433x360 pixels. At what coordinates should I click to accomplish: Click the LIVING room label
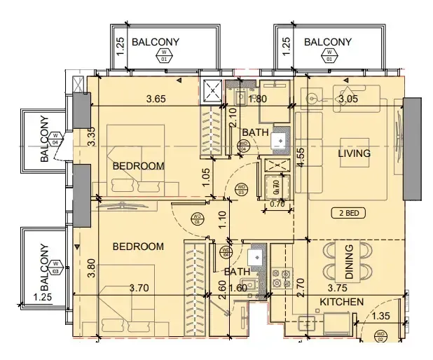354,153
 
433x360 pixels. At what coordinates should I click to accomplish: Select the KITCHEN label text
341,302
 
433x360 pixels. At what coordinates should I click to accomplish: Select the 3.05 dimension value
348,99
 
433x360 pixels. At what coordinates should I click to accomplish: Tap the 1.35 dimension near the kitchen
381,317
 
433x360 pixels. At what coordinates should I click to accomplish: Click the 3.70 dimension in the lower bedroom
140,287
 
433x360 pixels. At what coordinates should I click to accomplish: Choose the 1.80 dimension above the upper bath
259,99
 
